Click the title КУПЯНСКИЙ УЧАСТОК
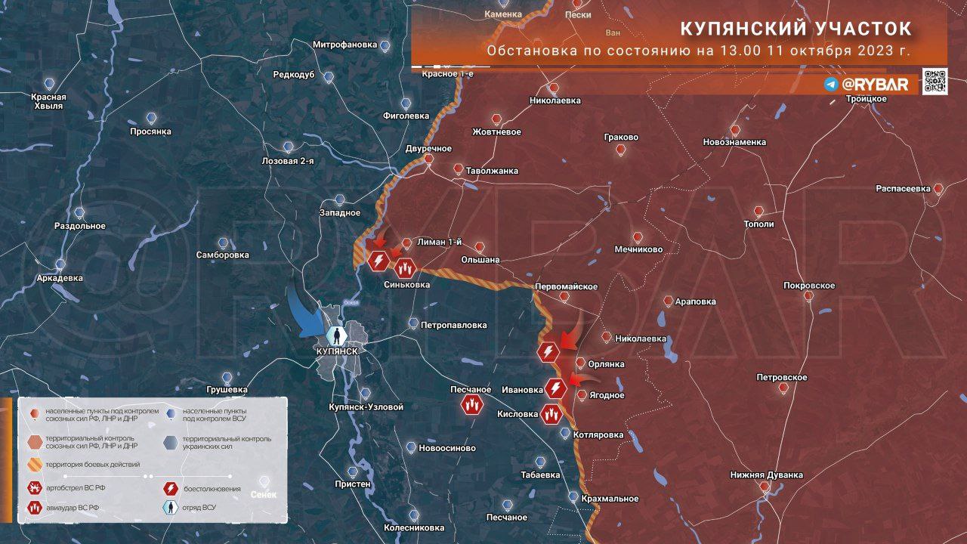point(796,29)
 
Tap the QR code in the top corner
point(935,82)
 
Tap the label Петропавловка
point(453,326)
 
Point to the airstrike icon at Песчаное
point(472,405)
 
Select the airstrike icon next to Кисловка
point(551,414)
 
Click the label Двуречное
point(428,148)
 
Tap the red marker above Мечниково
point(638,236)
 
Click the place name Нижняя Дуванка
point(766,475)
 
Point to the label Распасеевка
point(903,189)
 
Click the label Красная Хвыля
point(48,101)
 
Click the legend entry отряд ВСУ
point(198,507)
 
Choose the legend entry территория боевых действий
point(92,464)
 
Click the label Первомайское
point(566,286)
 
